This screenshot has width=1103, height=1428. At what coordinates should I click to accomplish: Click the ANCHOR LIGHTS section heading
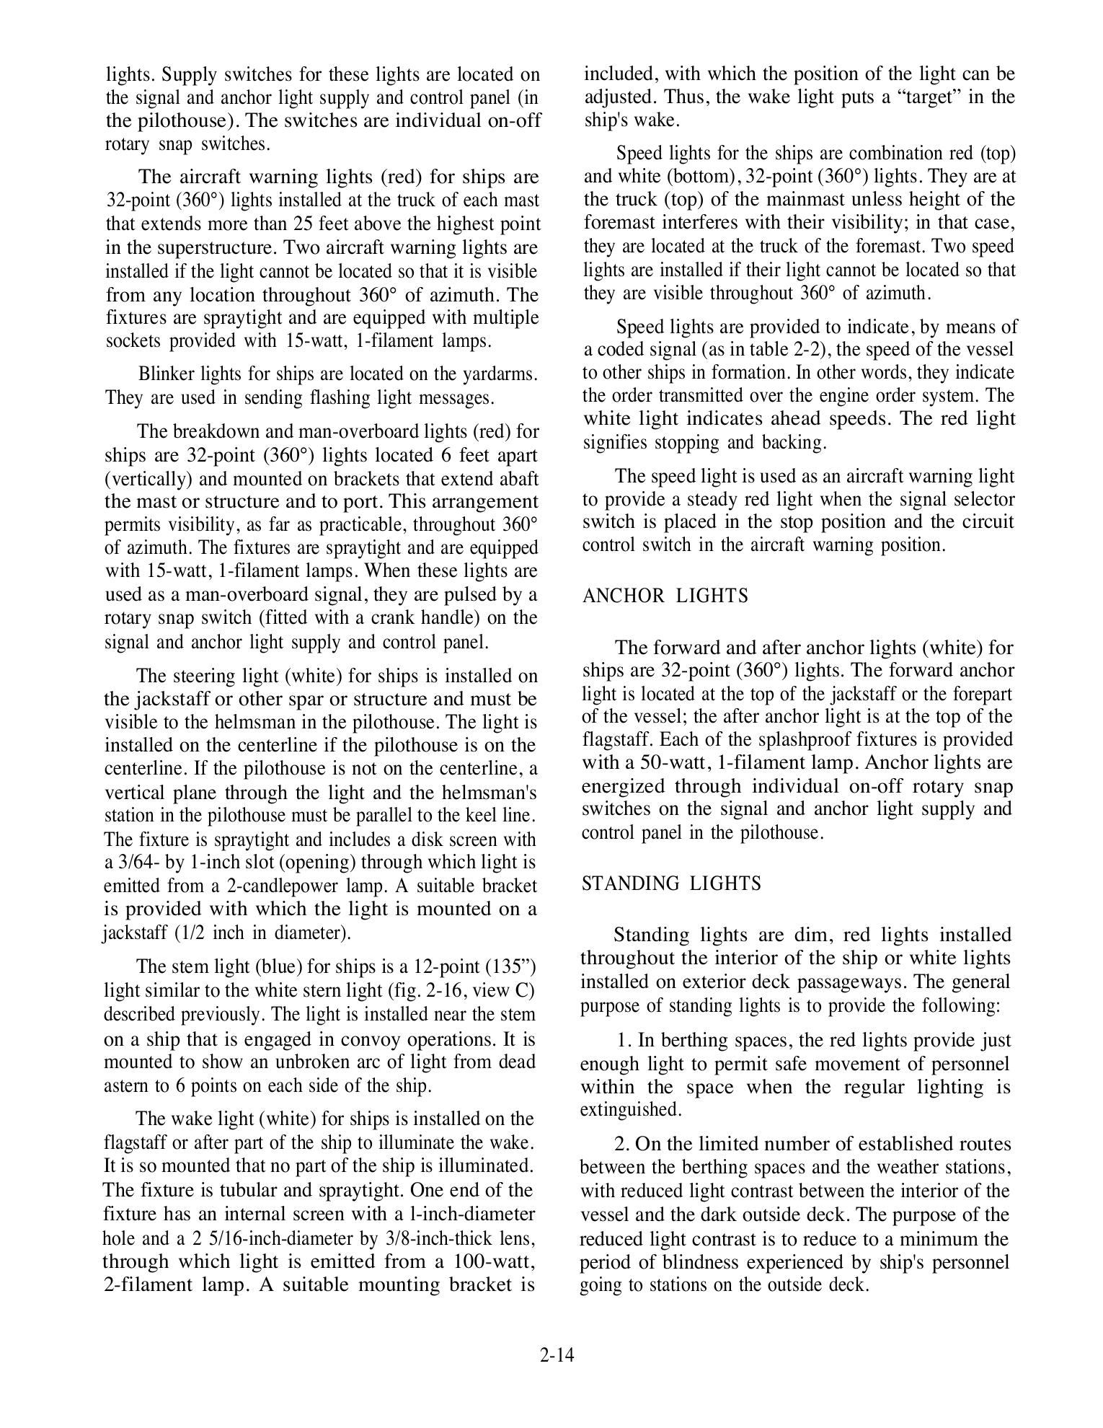tap(665, 596)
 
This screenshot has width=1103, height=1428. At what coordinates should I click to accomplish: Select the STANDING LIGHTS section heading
tap(670, 883)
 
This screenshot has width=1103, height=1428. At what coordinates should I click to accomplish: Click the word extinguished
tap(630, 1110)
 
